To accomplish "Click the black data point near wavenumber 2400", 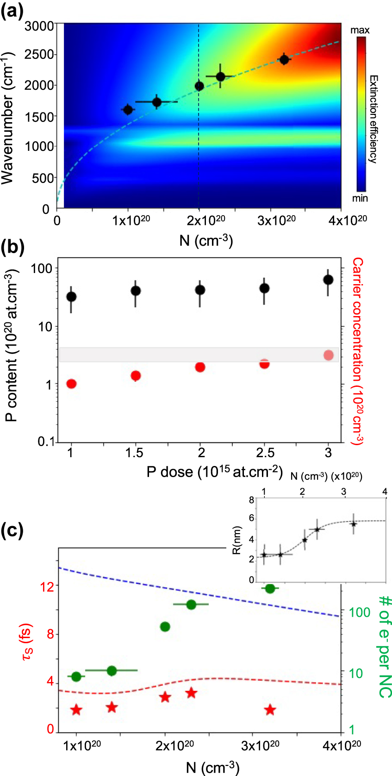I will pos(284,60).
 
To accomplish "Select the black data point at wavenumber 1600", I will pos(128,110).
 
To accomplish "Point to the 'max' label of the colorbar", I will pos(360,30).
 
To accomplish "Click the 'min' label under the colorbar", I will pos(360,198).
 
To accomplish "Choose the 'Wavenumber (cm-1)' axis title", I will pos(7,118).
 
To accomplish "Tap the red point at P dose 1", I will pos(71,384).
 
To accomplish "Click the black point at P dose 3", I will pos(328,279).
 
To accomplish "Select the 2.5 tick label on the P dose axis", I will pos(265,453).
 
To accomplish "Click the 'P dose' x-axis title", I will pos(214,472).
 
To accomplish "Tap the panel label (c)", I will pos(12,531).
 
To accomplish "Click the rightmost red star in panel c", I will pos(270,709).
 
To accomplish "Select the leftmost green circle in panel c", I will pos(76,677).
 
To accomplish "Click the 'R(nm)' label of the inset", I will pos(237,540).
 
